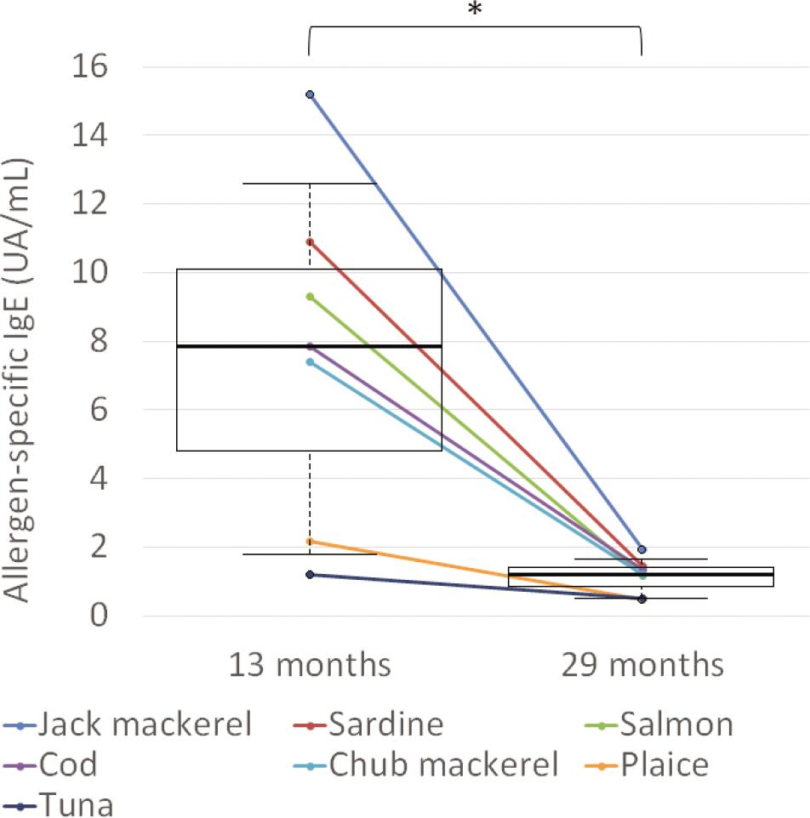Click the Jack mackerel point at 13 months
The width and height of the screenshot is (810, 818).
point(310,94)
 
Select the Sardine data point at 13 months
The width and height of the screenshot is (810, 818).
point(310,242)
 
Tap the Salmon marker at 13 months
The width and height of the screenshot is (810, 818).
point(310,297)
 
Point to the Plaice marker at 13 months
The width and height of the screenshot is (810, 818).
point(310,542)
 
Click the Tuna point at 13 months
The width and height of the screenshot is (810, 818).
point(310,575)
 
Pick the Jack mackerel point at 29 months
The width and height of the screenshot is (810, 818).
point(642,550)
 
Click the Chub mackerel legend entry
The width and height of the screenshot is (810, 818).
point(430,765)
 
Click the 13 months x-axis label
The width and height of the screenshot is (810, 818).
point(309,664)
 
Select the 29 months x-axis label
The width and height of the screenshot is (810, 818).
point(642,664)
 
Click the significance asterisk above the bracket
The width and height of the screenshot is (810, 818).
point(475,10)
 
